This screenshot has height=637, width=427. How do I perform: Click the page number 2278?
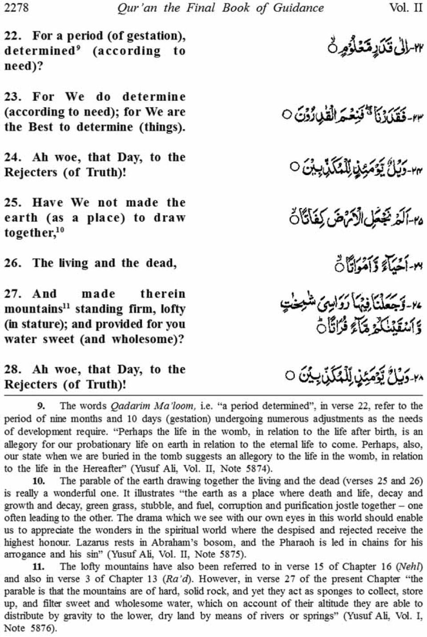pyautogui.click(x=16, y=8)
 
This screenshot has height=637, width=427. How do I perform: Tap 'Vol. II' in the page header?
pyautogui.click(x=405, y=8)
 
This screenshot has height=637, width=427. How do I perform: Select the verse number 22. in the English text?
pyautogui.click(x=13, y=36)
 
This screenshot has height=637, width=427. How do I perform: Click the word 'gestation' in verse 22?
pyautogui.click(x=150, y=36)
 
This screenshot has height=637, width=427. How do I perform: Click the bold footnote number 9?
pyautogui.click(x=41, y=406)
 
